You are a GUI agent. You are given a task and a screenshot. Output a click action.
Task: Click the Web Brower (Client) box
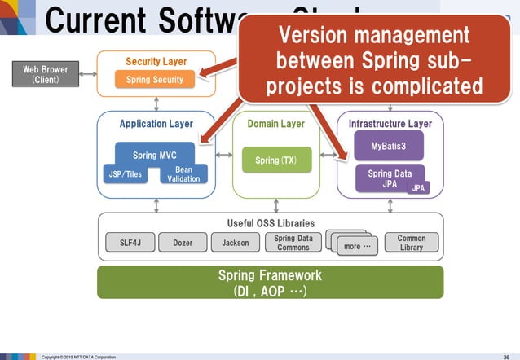point(46,75)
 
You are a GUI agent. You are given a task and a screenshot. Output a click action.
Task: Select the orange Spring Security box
point(155,80)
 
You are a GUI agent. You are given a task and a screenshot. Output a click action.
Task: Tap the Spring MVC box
point(155,154)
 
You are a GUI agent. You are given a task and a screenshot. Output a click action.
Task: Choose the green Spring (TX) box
point(275,160)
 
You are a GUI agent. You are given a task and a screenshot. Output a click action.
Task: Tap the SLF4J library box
point(130,243)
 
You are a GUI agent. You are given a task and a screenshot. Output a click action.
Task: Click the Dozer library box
point(183,243)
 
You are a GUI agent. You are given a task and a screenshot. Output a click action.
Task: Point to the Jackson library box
point(235,243)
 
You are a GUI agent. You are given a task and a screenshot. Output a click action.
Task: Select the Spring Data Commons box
point(292,243)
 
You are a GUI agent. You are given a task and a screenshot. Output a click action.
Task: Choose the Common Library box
point(412,243)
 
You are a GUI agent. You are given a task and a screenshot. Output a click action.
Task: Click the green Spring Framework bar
point(270,282)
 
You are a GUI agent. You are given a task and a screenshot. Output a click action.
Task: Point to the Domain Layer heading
point(275,124)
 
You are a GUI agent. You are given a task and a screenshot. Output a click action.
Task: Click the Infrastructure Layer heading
point(390,124)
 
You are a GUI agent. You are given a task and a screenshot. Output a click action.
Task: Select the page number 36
point(506,356)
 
